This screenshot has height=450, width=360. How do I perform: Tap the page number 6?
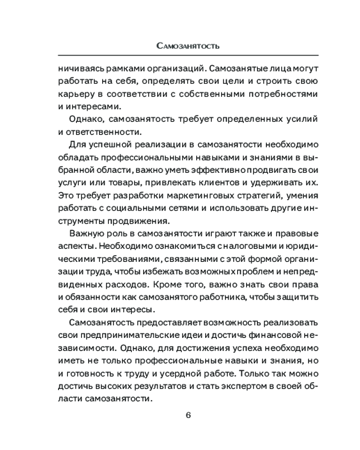[x=189, y=414]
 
